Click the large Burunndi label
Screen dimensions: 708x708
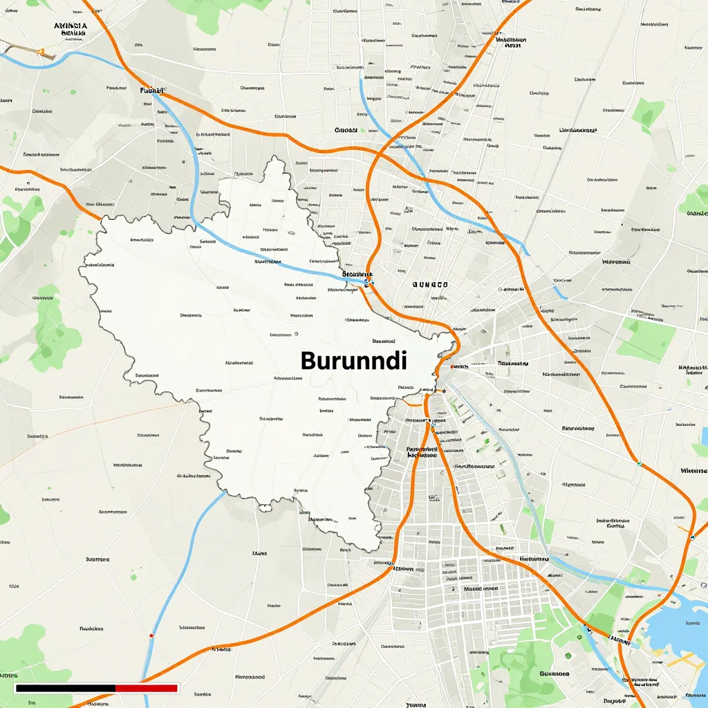[354, 360]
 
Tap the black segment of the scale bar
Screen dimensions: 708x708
[65, 688]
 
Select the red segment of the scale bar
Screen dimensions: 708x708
[147, 688]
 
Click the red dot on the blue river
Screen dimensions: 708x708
[151, 635]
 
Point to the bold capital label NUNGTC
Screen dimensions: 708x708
[429, 284]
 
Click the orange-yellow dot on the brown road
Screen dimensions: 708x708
[41, 50]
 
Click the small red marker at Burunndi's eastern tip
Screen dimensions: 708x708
[451, 366]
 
